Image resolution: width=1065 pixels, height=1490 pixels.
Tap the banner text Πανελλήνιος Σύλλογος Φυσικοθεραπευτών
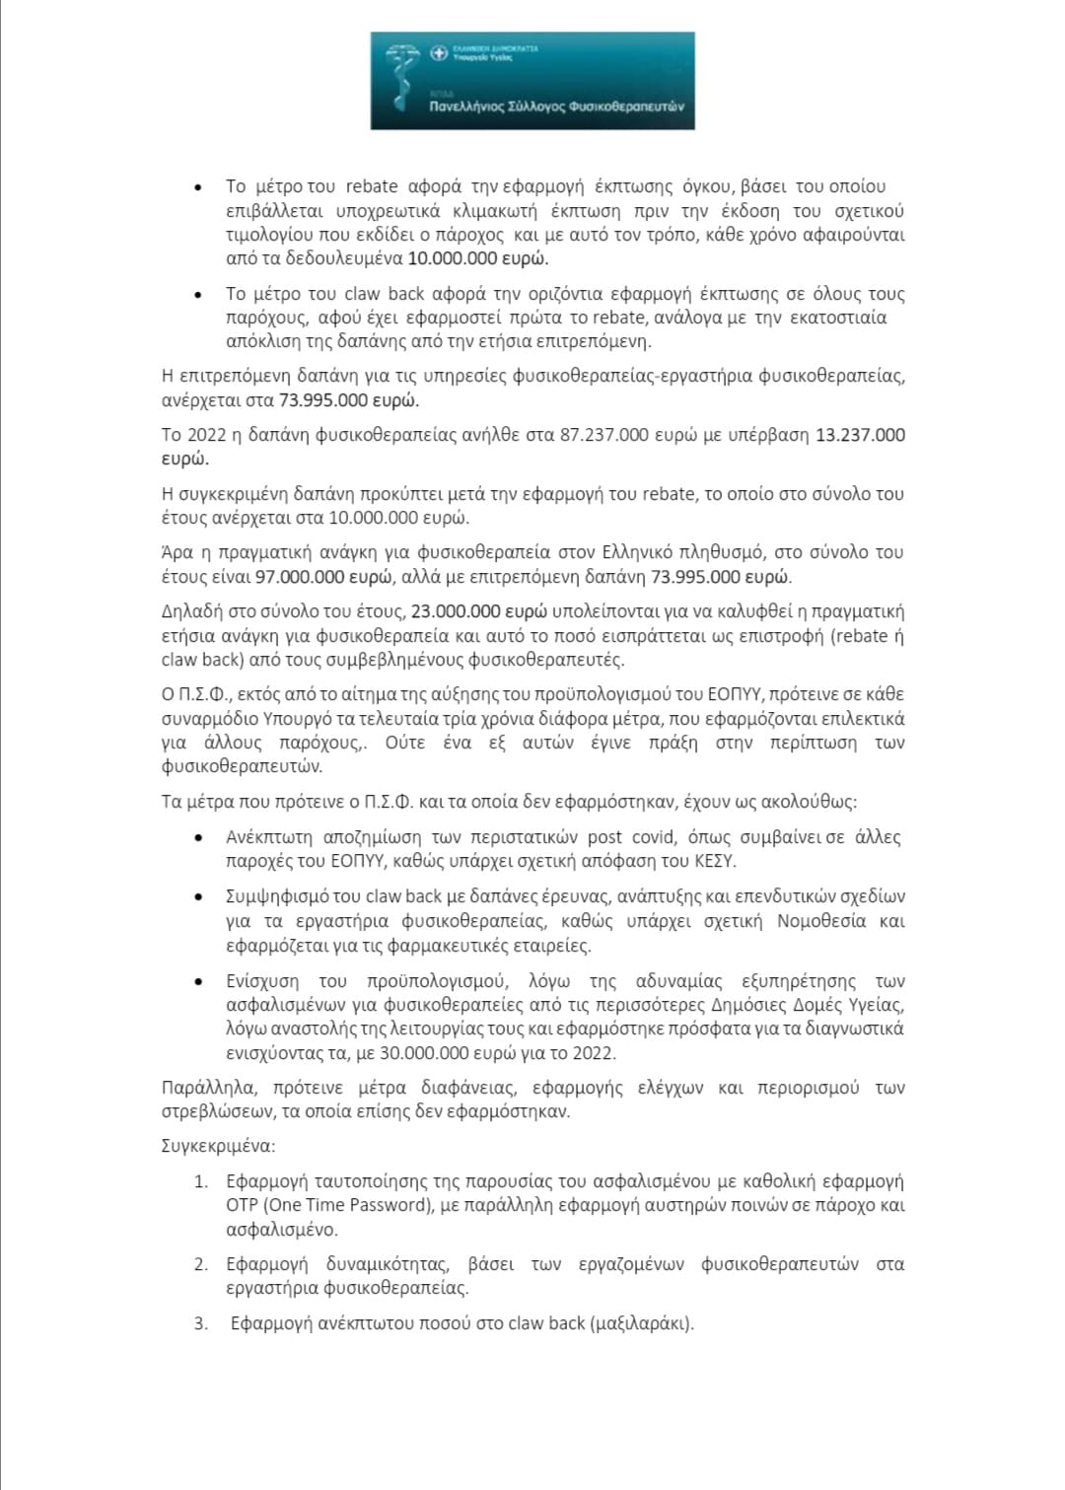pos(556,106)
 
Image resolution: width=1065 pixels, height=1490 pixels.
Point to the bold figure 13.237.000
pos(860,435)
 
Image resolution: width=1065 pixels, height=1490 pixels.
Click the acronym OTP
pos(242,1205)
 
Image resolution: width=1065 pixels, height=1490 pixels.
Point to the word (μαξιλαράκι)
pos(642,1323)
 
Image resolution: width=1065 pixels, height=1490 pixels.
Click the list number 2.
pos(200,1264)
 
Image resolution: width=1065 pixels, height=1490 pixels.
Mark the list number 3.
pos(200,1323)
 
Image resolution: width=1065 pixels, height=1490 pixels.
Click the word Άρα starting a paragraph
pos(177,552)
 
